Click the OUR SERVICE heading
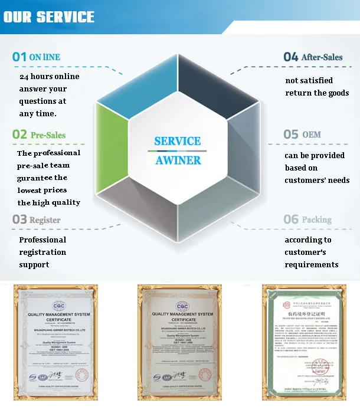click(x=49, y=17)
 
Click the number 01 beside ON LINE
click(x=19, y=57)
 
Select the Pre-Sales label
click(x=48, y=135)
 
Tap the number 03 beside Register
click(x=19, y=220)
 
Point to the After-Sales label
click(x=322, y=57)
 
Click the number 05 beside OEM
click(x=291, y=135)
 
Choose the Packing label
click(x=316, y=220)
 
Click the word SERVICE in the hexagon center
click(x=177, y=142)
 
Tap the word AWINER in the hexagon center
click(x=178, y=160)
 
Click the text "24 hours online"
click(x=50, y=77)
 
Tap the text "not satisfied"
click(x=309, y=80)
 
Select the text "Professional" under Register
click(x=42, y=240)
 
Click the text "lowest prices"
click(x=42, y=190)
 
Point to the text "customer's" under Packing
click(x=306, y=253)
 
